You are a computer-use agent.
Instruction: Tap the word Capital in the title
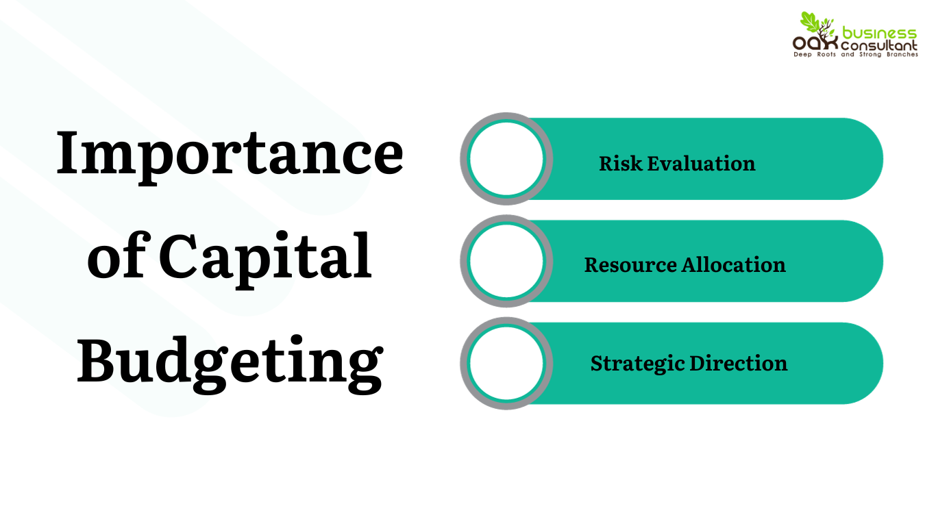coord(266,257)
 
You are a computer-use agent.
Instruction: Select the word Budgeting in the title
coord(230,361)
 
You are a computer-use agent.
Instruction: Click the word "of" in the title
coord(116,257)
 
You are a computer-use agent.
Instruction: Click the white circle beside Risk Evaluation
coord(506,159)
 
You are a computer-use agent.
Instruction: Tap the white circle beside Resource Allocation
coord(506,261)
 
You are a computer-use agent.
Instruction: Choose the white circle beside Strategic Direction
coord(506,363)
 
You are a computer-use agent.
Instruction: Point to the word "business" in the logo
coord(879,33)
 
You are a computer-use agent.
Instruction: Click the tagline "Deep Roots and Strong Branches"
coord(855,54)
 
